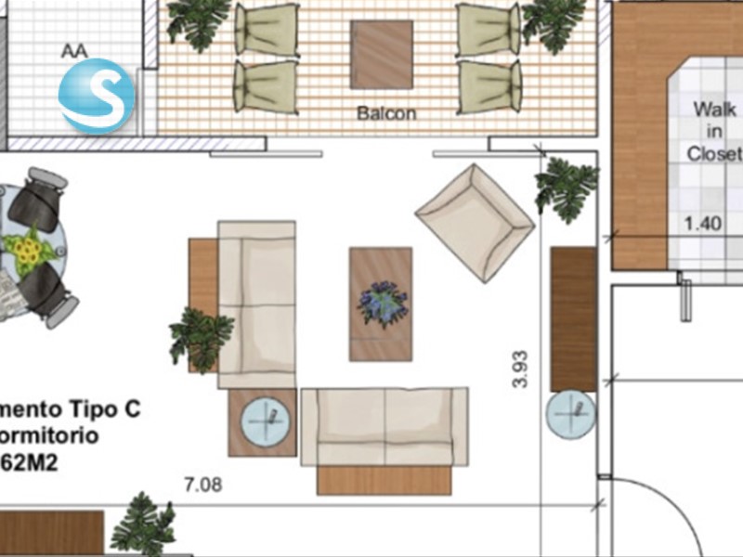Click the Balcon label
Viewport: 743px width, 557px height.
386,115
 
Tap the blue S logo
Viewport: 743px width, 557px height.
97,96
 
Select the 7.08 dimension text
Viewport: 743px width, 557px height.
202,485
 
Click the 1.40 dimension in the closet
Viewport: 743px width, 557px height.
702,223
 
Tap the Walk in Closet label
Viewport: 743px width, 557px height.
713,131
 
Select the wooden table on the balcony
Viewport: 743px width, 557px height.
381,54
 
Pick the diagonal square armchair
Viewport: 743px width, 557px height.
474,222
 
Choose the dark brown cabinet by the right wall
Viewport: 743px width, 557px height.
572,318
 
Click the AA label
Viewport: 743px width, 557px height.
73,51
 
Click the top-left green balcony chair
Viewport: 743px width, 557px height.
267,30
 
